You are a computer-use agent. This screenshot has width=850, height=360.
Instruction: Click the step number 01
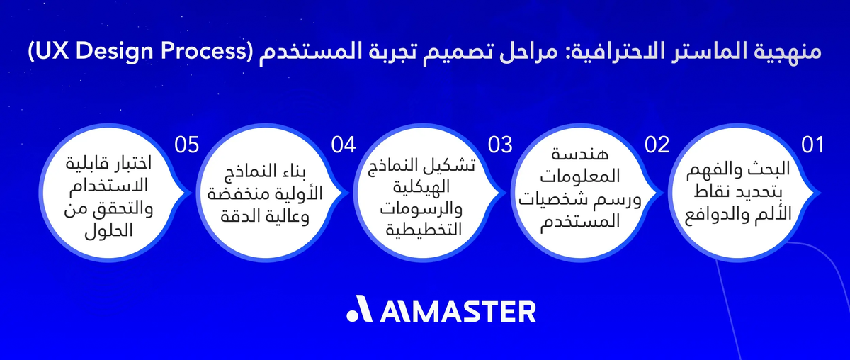tap(812, 145)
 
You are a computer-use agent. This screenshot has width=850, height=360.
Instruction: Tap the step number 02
tap(657, 145)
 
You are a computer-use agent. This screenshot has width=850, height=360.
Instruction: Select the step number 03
tap(499, 145)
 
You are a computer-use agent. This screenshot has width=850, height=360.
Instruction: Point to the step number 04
tap(343, 145)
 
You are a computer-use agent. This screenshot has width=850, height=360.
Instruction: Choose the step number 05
tap(186, 145)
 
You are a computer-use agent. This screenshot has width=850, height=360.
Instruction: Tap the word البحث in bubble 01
tap(779, 172)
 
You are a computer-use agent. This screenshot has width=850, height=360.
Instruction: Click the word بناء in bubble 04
tap(312, 172)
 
